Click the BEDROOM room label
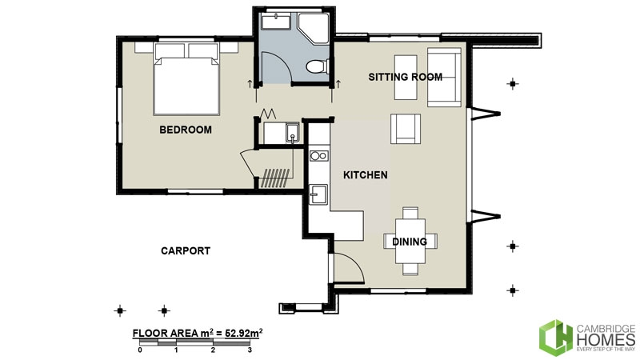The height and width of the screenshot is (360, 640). click(185, 130)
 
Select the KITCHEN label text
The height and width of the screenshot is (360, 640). click(366, 174)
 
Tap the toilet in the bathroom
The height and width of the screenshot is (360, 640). click(318, 67)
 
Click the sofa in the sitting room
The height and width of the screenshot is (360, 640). click(444, 77)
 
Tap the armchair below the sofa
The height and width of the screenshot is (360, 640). click(406, 128)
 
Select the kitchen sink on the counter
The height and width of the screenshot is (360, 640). click(318, 193)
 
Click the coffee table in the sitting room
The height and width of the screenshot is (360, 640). click(406, 78)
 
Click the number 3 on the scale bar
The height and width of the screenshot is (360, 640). click(250, 350)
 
